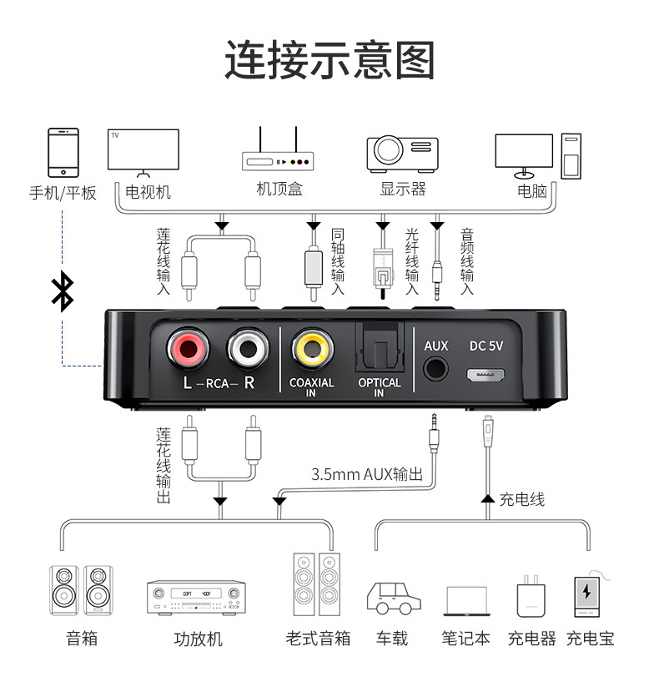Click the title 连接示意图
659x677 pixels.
tap(329, 60)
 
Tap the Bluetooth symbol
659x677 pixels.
tap(63, 291)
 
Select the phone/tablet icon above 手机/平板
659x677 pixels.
tap(63, 152)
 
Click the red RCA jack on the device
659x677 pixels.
tap(189, 348)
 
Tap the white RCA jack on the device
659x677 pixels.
tap(248, 348)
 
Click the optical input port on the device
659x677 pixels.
tap(379, 347)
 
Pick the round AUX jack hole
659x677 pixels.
tap(436, 370)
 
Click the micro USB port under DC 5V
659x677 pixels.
tap(488, 374)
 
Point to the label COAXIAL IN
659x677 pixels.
tap(311, 388)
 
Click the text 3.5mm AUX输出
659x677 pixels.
tap(367, 474)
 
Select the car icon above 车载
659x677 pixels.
tap(393, 597)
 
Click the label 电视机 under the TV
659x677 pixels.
tap(148, 192)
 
